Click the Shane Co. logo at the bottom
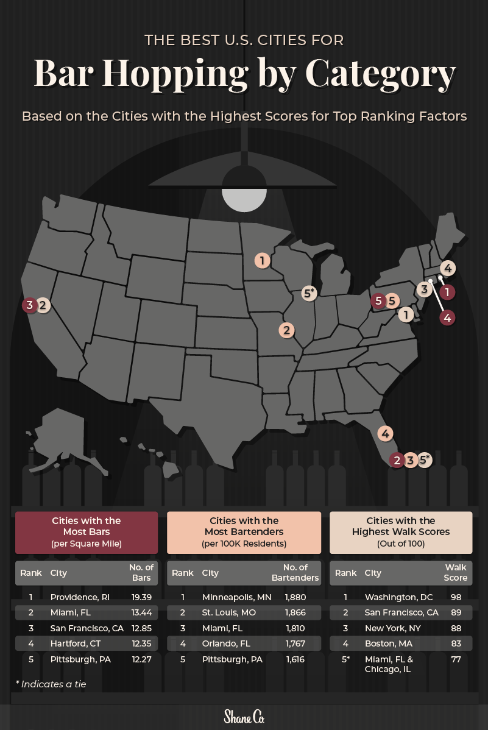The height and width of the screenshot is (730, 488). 244,716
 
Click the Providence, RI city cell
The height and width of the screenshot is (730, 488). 80,597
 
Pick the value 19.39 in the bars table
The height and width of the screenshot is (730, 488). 141,597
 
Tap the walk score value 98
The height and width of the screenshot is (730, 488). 456,597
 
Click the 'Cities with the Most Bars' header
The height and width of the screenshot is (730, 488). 87,532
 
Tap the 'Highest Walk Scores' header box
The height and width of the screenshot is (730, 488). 401,532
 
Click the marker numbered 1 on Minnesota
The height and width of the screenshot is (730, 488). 262,261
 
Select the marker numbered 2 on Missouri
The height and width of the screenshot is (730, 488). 286,330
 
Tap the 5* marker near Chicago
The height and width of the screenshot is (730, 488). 309,293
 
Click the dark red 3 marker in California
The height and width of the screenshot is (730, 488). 29,305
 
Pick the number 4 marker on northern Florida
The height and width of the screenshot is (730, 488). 385,434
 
